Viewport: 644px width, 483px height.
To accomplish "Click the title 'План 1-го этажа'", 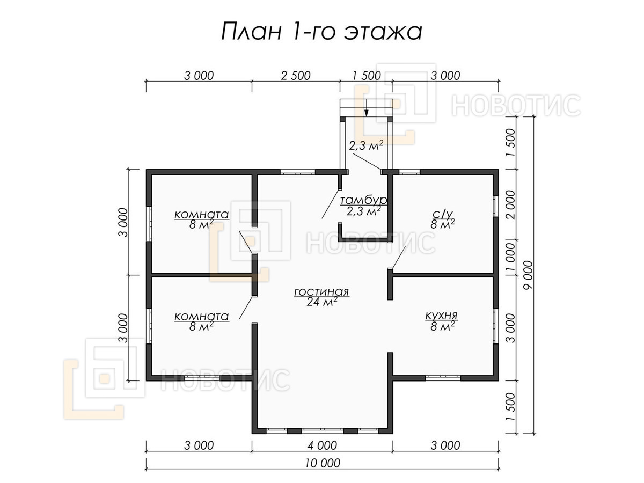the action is pos(321,32).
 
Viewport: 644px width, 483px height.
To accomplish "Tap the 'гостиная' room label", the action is pos(321,292).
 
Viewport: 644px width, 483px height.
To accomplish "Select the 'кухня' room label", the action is pos(442,316).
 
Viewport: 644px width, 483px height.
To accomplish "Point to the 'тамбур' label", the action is pos(363,200).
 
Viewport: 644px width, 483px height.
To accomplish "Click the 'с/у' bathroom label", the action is pos(442,214).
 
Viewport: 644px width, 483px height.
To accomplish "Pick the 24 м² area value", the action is pos(321,302).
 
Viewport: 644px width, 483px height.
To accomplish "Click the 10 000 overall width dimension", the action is pos(323,463).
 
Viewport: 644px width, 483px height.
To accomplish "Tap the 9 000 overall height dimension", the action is pos(528,275).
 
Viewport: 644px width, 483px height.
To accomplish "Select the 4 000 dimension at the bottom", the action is pos(322,445).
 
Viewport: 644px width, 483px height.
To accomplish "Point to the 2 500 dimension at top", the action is pos(296,76).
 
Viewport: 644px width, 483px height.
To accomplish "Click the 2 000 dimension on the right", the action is pos(510,204).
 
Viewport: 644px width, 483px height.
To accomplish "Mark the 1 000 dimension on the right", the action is pos(510,257).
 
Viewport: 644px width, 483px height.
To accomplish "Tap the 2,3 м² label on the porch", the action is pos(366,145).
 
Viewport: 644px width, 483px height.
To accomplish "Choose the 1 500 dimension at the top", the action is pos(367,76).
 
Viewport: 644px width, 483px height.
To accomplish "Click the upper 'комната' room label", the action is pos(202,214).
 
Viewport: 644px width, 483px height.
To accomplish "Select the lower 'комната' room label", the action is pos(202,316).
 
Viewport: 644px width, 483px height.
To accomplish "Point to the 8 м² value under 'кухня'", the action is pos(442,326).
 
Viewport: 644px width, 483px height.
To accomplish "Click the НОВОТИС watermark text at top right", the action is pos(516,105).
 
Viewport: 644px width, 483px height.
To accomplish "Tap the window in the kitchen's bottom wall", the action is pos(443,378).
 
